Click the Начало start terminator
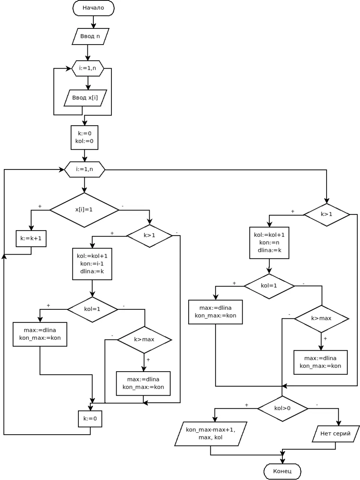tap(93, 8)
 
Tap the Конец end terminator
tap(282, 471)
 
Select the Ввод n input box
tap(90, 36)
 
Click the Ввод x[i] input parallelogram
tap(85, 98)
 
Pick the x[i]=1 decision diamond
tap(84, 210)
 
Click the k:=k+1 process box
tap(31, 238)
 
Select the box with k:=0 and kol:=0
tap(84, 137)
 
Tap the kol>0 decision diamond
tap(282, 408)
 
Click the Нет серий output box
tap(336, 433)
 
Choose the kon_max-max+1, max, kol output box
tap(211, 433)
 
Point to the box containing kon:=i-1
tap(92, 264)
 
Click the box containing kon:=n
tap(269, 243)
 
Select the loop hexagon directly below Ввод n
tap(88, 68)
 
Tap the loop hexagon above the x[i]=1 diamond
tap(85, 169)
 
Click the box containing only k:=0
tap(90, 418)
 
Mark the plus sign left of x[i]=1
tap(40, 206)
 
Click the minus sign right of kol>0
tap(317, 405)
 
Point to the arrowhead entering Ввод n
tap(93, 26)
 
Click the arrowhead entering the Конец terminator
tap(282, 461)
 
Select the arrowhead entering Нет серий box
tap(338, 423)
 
